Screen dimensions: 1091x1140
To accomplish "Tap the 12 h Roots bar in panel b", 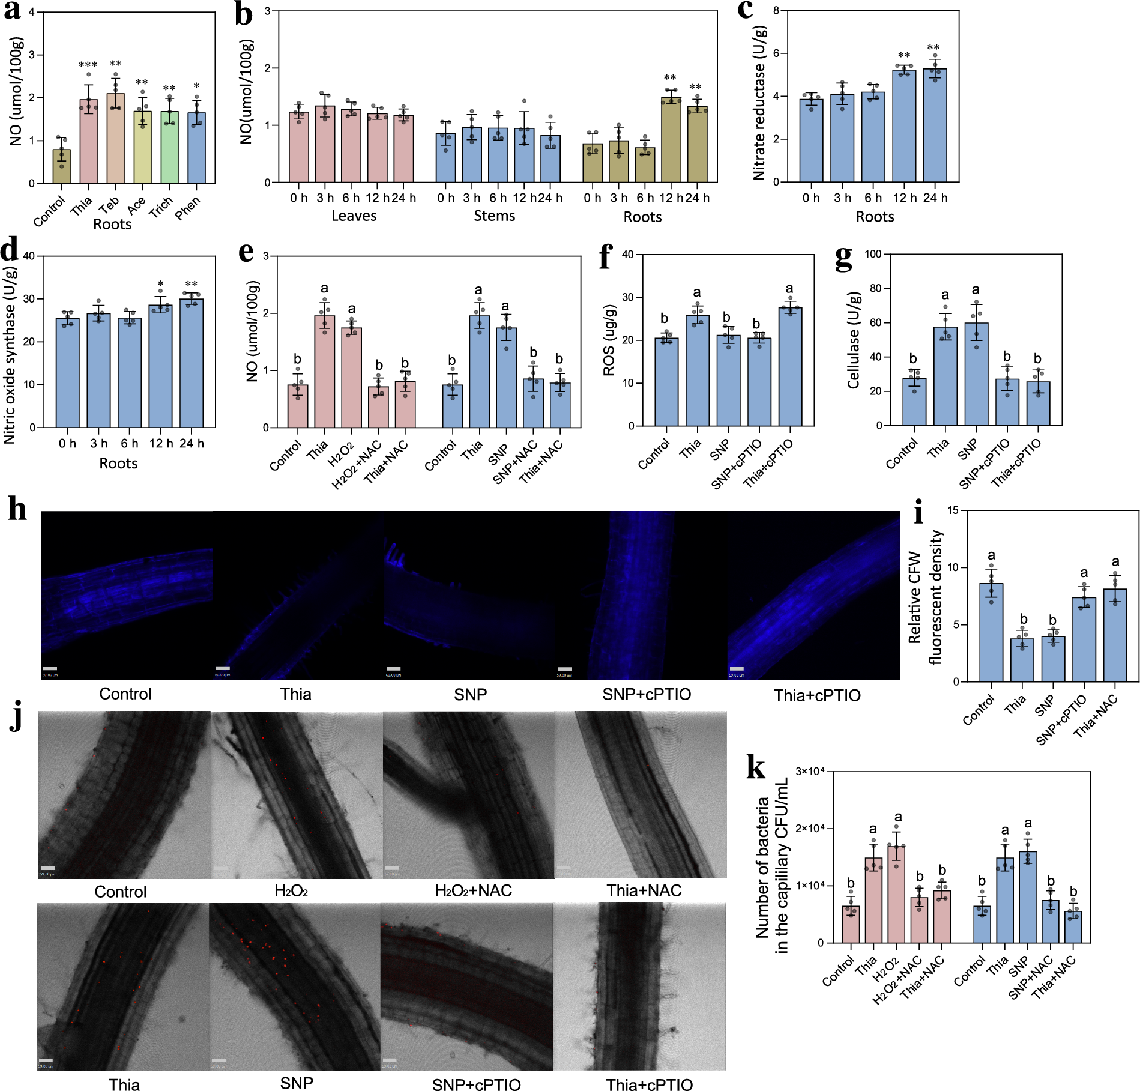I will pyautogui.click(x=671, y=140).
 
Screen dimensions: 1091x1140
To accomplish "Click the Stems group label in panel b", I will pyautogui.click(x=494, y=216).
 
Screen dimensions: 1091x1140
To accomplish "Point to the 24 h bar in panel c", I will pyautogui.click(x=935, y=125).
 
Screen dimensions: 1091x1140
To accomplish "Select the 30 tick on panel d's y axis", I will pyautogui.click(x=29, y=299).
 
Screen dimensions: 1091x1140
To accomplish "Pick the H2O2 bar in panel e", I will pyautogui.click(x=352, y=378).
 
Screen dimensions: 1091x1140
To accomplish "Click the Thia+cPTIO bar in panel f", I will pyautogui.click(x=790, y=367).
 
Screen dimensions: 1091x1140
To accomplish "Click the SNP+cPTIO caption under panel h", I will pyautogui.click(x=647, y=695).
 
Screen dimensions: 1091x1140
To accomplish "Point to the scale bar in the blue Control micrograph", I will pyautogui.click(x=50, y=668).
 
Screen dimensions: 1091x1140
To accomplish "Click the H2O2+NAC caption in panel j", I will pyautogui.click(x=473, y=890).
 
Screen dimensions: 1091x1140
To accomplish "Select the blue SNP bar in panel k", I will pyautogui.click(x=1028, y=897).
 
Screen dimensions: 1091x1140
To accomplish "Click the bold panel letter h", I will pyautogui.click(x=17, y=510).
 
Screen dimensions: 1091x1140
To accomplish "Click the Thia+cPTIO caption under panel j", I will pyautogui.click(x=649, y=1084).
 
